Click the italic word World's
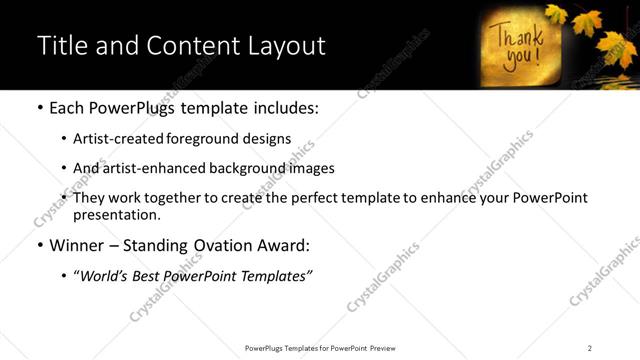coord(104,276)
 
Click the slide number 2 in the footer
coord(589,348)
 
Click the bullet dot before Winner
coord(39,246)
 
